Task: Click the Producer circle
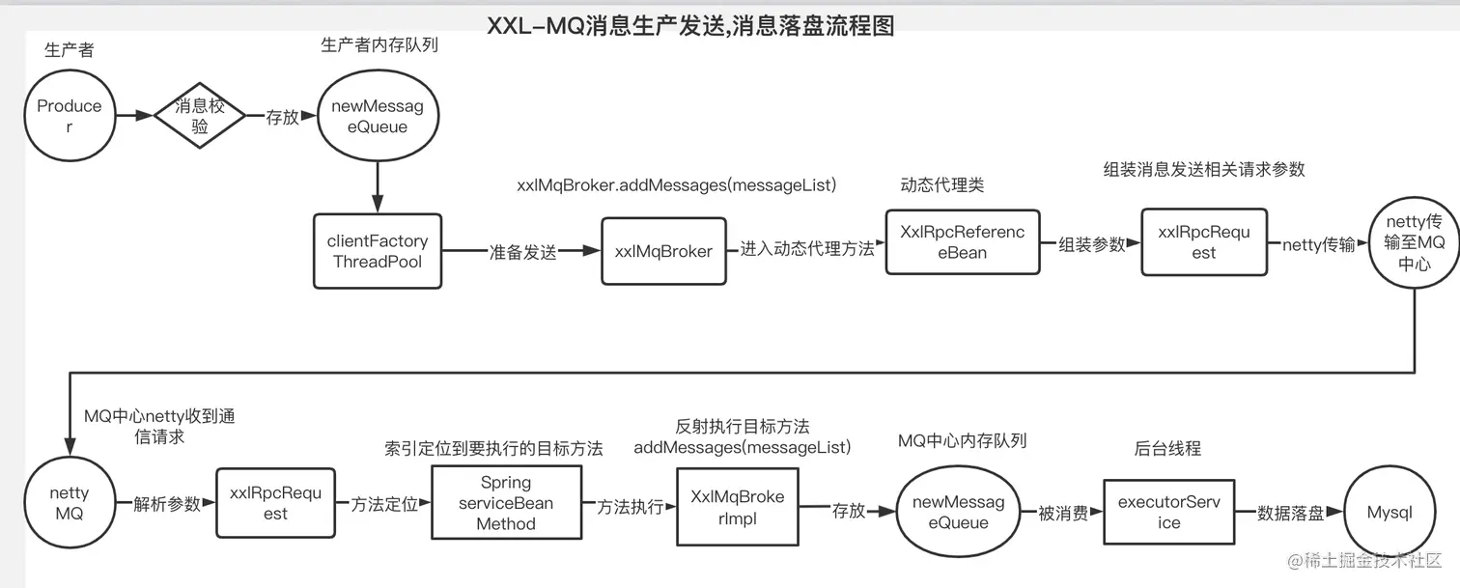(x=69, y=116)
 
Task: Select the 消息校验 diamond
(x=199, y=116)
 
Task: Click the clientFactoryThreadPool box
(x=377, y=251)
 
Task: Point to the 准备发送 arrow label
(x=522, y=252)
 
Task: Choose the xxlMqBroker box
(x=663, y=251)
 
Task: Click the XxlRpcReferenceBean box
(x=962, y=242)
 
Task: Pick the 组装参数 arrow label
(x=1092, y=244)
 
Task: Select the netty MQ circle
(x=69, y=503)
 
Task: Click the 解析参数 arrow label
(x=166, y=503)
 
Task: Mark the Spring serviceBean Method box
(x=506, y=503)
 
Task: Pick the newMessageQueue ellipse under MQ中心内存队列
(x=958, y=513)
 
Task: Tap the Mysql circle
(x=1389, y=513)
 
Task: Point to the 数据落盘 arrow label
(x=1290, y=513)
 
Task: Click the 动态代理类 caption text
(x=941, y=184)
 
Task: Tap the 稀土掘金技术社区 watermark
(x=1359, y=561)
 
